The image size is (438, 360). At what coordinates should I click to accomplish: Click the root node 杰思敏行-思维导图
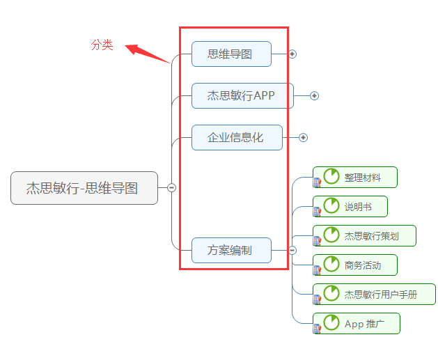tap(84, 188)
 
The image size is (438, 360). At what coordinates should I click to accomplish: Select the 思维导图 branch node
tap(231, 54)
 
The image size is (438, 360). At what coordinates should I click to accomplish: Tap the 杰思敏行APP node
tap(242, 95)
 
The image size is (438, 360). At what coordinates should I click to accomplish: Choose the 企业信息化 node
tap(237, 137)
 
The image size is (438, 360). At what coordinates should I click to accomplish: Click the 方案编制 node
tap(231, 250)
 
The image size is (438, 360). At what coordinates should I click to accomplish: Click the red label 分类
tap(102, 45)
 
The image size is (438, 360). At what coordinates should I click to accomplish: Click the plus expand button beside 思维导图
tap(292, 54)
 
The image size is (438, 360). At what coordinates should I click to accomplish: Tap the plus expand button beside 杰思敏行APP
tap(314, 96)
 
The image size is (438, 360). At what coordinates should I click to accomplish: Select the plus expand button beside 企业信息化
tap(303, 138)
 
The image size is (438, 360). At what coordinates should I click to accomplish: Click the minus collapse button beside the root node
tap(171, 187)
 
